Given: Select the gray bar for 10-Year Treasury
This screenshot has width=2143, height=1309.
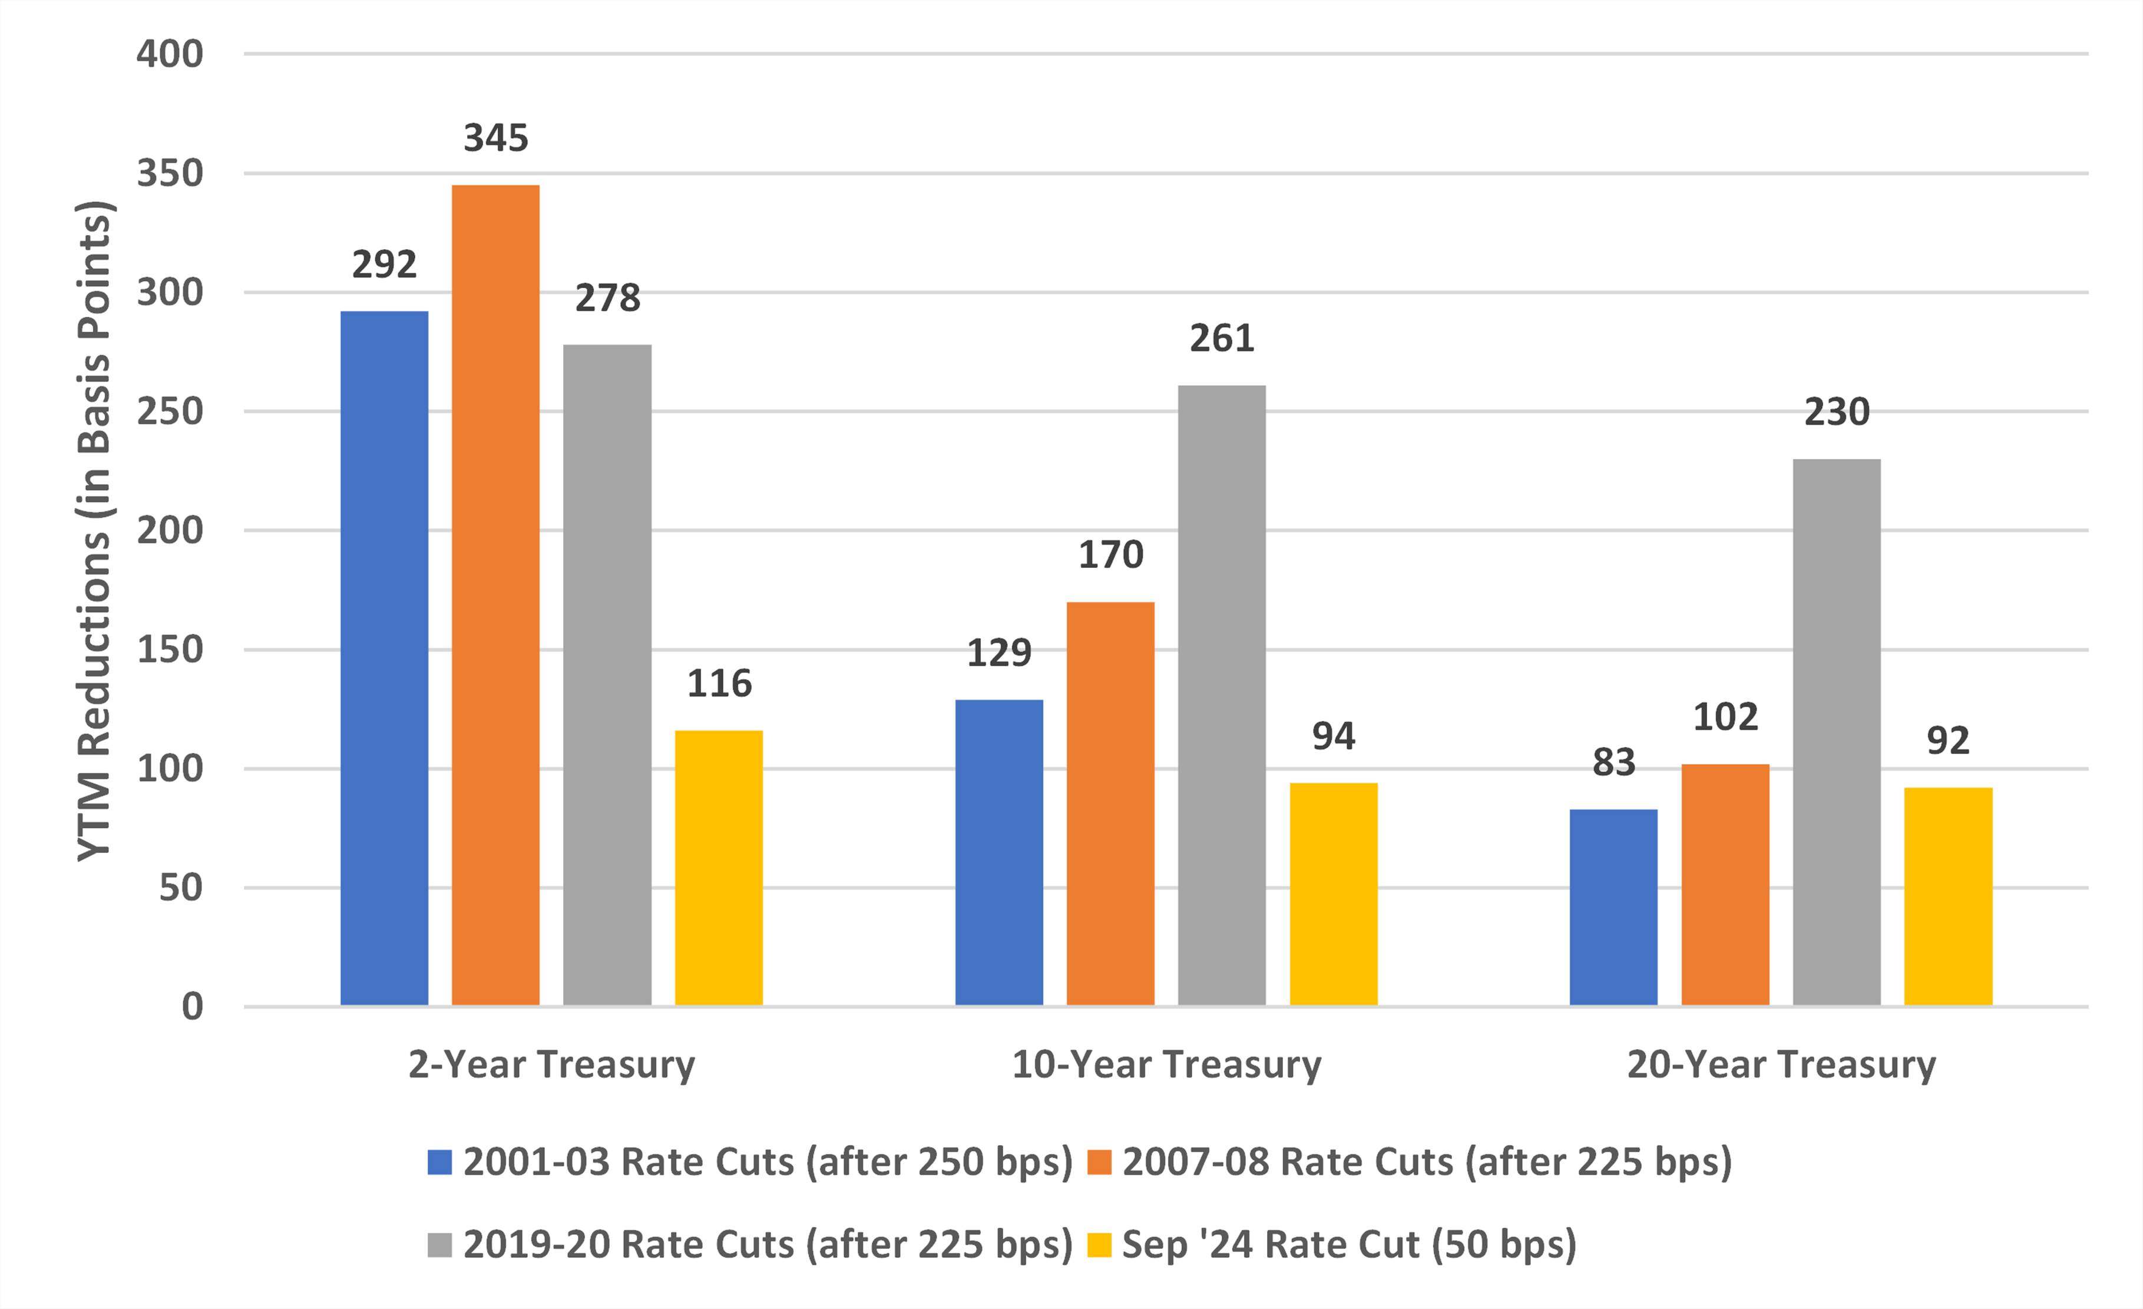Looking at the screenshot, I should [1221, 695].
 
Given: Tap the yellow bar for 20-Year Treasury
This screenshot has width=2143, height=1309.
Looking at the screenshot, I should [1947, 896].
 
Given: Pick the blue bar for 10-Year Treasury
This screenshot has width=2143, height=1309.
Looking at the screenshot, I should [998, 852].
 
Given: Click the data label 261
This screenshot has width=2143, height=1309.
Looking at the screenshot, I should [1221, 338].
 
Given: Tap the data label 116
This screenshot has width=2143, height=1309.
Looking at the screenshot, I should [719, 683].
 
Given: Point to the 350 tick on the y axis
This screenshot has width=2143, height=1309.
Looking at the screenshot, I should [170, 173].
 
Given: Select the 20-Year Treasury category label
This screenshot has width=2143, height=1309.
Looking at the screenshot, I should [1781, 1065].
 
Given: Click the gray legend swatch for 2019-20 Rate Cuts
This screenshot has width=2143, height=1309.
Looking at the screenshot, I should [439, 1245].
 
